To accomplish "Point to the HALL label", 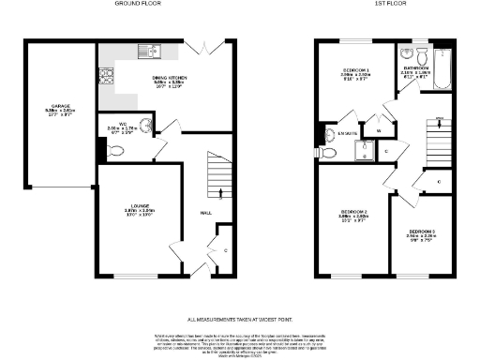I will [x=205, y=213].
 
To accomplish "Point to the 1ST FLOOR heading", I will [x=370, y=4].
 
